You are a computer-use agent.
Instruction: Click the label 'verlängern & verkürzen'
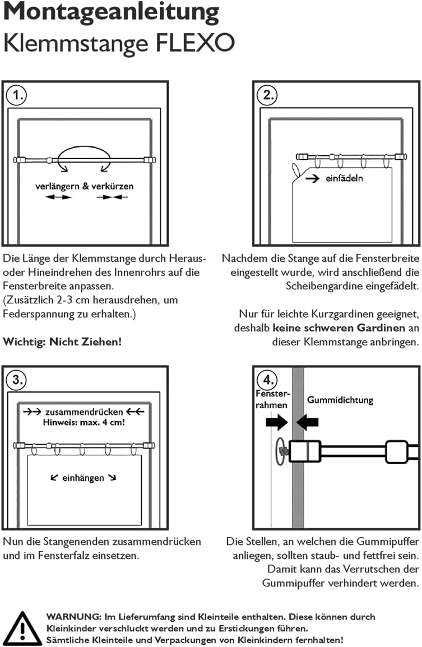tap(85, 186)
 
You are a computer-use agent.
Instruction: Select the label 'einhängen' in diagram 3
tap(83, 478)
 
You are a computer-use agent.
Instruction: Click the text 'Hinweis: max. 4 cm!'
tap(84, 422)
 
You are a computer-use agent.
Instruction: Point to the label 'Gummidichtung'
tap(340, 400)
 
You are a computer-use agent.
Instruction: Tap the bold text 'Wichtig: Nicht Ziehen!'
tap(62, 341)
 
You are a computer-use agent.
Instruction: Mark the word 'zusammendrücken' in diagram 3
tap(84, 412)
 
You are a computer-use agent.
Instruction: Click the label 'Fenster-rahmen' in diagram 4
tap(273, 400)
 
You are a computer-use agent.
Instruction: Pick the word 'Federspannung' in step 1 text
tap(34, 314)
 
